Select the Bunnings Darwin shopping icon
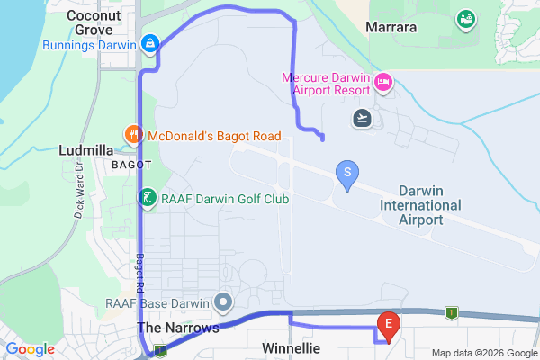coord(149,41)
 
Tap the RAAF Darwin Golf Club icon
coord(145,198)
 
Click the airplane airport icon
coord(362,117)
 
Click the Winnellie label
coord(291,346)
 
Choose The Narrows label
coord(177,328)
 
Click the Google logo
coord(30,349)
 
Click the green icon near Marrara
coord(465,17)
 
